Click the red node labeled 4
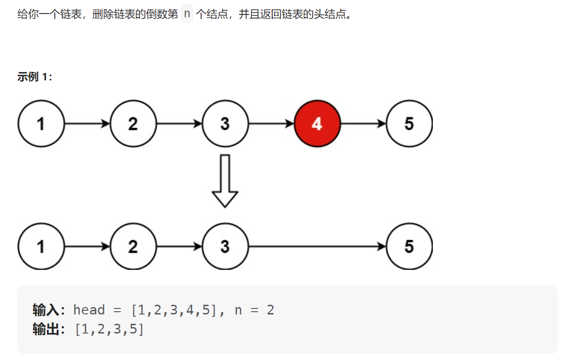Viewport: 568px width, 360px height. pos(318,124)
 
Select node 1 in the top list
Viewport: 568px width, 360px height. pos(41,124)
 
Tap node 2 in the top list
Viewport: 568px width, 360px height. pos(133,124)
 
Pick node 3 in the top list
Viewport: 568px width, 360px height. pos(225,124)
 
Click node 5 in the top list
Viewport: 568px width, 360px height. pos(409,124)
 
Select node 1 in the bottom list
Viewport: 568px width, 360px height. pos(41,247)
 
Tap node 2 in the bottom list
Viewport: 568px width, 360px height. pos(133,247)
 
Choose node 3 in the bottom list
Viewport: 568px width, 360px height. pos(225,247)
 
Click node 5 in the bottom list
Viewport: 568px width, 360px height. pos(409,247)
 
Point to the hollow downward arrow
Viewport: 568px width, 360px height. pos(225,181)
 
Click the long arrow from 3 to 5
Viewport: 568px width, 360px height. pos(318,247)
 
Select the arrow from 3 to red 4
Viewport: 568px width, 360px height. pos(272,124)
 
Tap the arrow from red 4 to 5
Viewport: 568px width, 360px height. pos(364,124)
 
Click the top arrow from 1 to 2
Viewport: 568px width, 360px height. pos(87,124)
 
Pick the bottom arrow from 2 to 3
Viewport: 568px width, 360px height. pos(179,247)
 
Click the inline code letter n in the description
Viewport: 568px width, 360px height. pos(187,14)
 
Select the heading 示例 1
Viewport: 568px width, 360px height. pos(35,77)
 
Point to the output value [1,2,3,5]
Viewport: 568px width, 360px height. pos(109,330)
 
